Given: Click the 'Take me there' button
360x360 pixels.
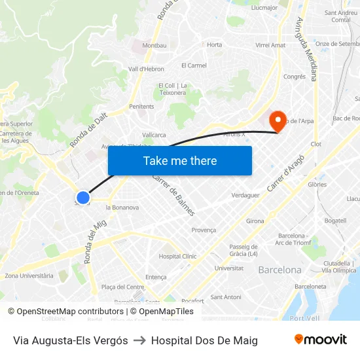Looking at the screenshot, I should [x=180, y=160].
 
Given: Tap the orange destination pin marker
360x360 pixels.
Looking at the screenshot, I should [x=277, y=119].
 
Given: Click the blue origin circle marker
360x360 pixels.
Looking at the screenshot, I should [x=82, y=197].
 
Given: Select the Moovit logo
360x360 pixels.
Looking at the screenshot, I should [x=320, y=340].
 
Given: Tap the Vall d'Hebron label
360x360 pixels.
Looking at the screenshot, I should [x=146, y=69].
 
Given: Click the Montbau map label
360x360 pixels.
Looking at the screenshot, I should [x=154, y=45].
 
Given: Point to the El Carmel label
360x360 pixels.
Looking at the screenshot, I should [x=194, y=65].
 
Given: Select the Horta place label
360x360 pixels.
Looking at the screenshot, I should [x=214, y=45].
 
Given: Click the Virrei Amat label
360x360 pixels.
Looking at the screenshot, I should [x=270, y=45].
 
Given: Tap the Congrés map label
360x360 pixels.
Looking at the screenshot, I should [x=295, y=77].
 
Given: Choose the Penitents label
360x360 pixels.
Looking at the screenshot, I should [x=141, y=106].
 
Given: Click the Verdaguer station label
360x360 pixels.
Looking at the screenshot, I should [x=245, y=195].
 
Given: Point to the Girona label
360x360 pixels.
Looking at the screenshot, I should [x=255, y=221].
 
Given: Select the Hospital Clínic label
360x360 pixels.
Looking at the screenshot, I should [x=177, y=257].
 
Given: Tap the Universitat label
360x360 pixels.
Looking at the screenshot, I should [x=229, y=268].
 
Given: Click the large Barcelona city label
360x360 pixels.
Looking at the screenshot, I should [x=279, y=270].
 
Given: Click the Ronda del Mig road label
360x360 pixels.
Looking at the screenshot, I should [x=95, y=242].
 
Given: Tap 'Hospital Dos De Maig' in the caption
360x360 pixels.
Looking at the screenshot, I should [x=204, y=340].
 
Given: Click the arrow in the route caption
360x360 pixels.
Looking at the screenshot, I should [x=139, y=340].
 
